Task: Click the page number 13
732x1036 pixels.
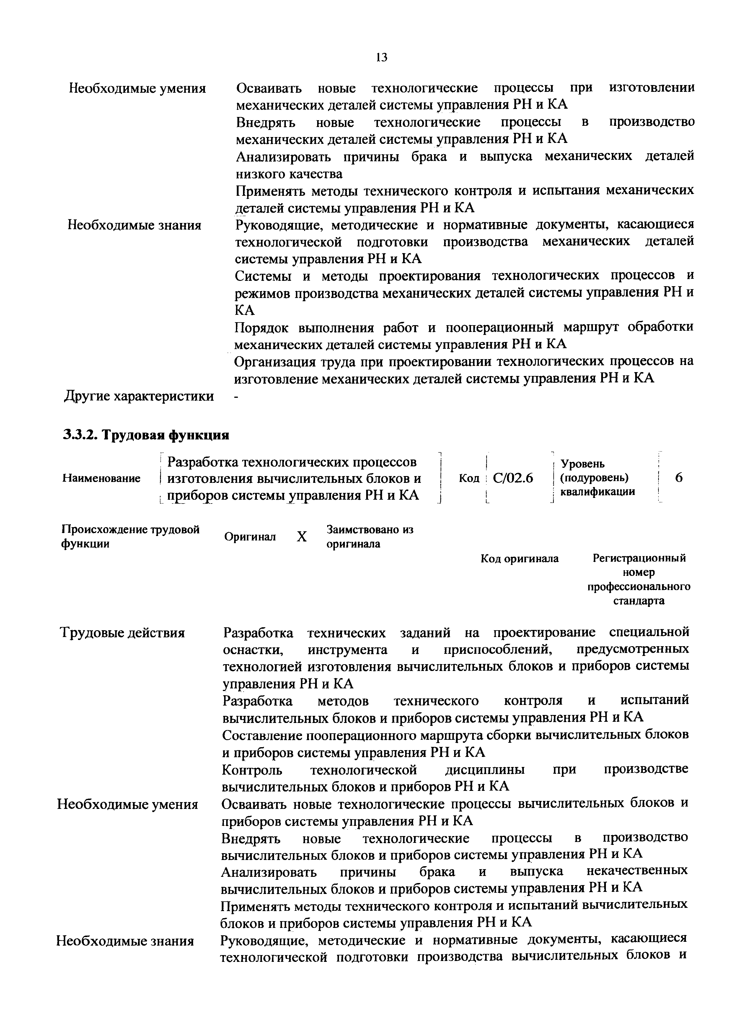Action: point(381,57)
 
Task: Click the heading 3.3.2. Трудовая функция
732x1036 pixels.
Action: point(146,435)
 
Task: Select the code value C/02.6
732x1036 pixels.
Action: point(513,478)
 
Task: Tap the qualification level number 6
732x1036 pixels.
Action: point(679,478)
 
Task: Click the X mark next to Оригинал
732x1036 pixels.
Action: point(302,537)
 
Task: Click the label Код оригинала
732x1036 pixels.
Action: point(520,559)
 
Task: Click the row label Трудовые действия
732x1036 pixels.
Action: point(122,633)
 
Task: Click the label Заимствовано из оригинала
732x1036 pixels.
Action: point(370,537)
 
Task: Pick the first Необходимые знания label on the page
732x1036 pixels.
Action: point(134,225)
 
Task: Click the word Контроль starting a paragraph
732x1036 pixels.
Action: point(252,769)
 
